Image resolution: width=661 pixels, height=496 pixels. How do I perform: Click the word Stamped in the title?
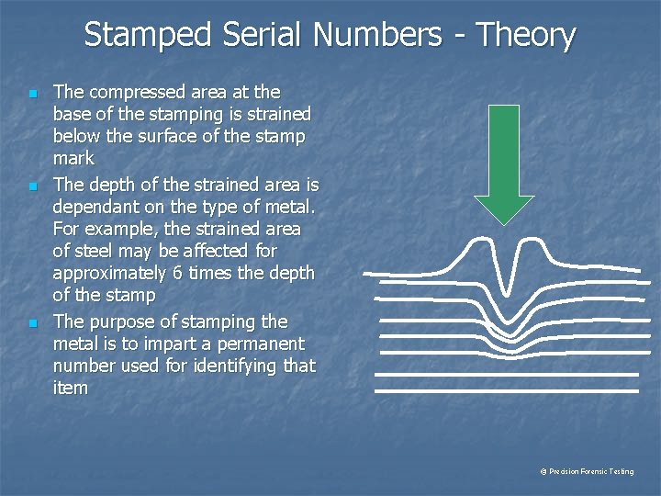(148, 35)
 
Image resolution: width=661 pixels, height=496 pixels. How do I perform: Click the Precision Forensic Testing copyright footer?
(587, 471)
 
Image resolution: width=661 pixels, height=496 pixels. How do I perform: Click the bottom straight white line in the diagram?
(506, 392)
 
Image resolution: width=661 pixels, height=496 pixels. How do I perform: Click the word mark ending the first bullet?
(73, 159)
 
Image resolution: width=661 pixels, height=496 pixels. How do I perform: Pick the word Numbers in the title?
(376, 35)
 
